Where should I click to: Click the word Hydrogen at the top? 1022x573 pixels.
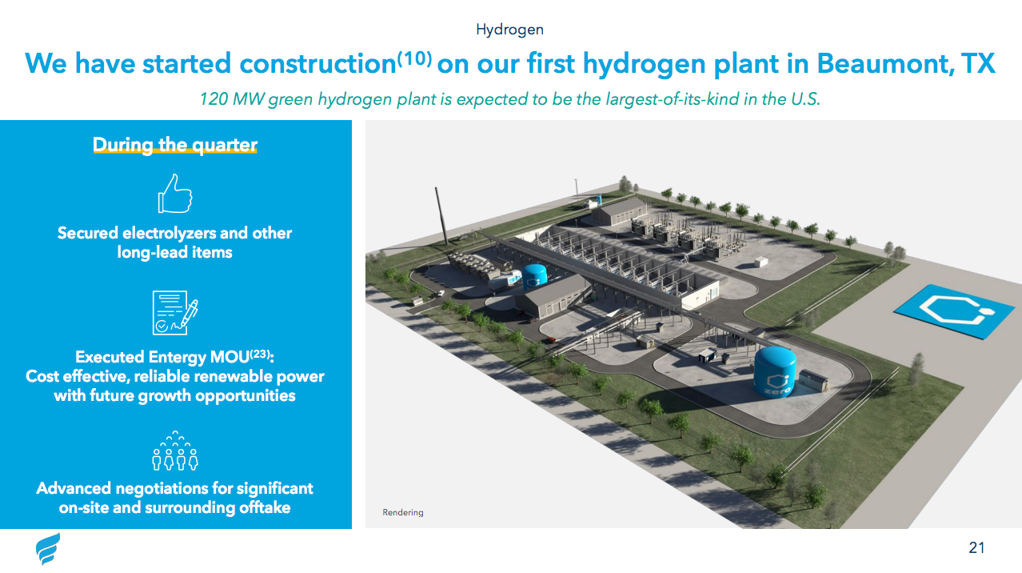509,30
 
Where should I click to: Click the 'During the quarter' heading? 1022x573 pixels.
175,145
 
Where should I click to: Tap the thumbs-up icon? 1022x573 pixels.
175,194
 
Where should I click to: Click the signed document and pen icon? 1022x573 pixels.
175,312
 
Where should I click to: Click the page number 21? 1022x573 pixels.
976,548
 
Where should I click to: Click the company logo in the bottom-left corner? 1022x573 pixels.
47,549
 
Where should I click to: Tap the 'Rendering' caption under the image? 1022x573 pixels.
403,512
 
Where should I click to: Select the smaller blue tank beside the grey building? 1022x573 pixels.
536,275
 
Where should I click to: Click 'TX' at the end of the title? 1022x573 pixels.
977,63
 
